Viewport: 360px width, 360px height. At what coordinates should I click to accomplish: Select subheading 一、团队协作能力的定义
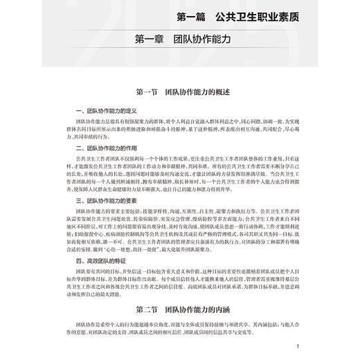(109, 111)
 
